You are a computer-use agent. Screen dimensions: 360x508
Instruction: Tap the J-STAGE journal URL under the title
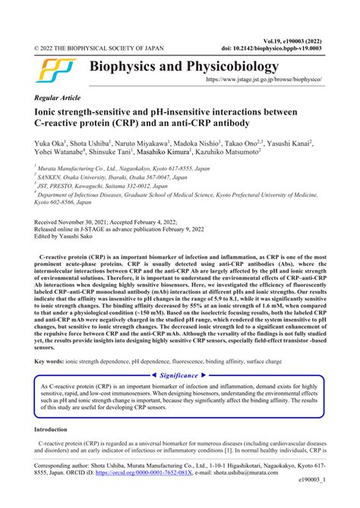point(268,79)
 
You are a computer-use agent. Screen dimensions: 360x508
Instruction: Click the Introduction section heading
point(55,450)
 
